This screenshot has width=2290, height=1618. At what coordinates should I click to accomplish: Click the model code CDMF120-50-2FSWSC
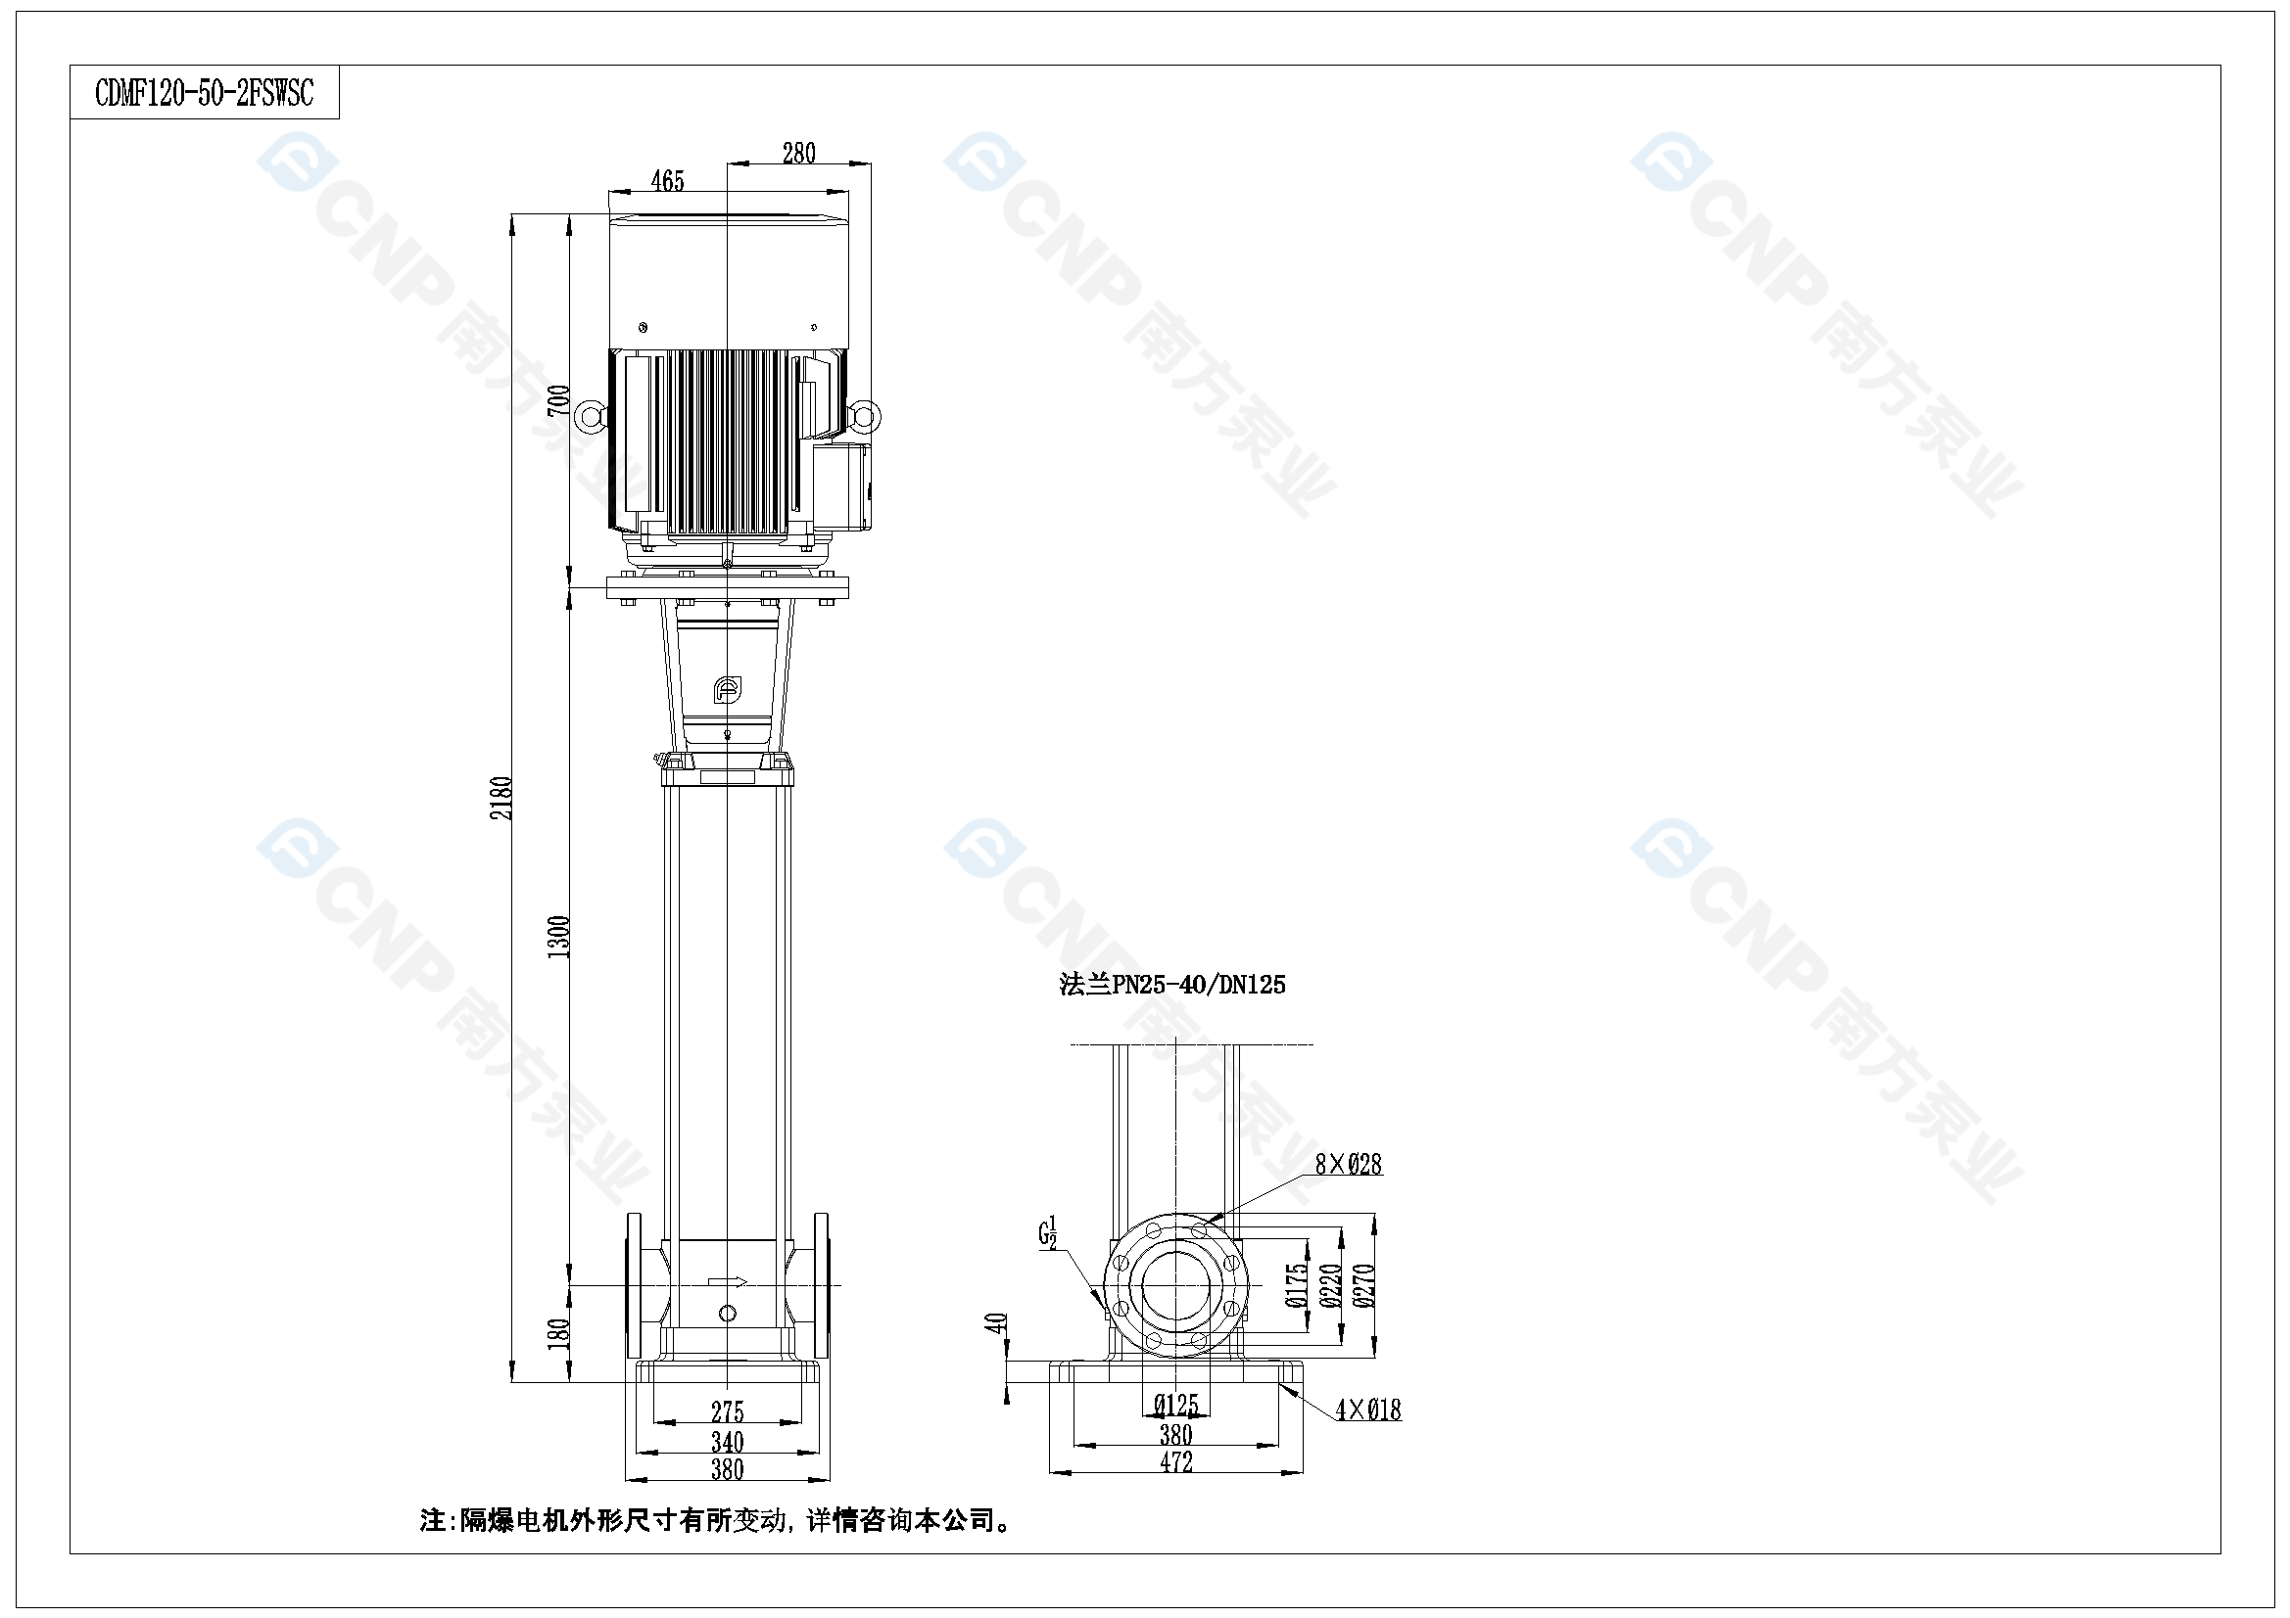pos(205,93)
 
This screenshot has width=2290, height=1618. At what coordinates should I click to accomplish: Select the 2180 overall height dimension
pos(501,799)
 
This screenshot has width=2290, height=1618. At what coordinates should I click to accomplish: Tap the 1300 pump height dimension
pos(559,937)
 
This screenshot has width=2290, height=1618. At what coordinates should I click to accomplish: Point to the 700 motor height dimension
pos(559,399)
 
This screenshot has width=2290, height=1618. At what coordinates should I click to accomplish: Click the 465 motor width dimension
pos(667,180)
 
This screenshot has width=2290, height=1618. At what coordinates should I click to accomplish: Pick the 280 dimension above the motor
pos(799,153)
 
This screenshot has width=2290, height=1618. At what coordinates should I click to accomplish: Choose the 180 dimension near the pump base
pos(559,1332)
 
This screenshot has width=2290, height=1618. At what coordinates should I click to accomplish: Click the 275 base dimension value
pos(728,1411)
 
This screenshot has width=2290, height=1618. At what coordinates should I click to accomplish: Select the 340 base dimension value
pos(728,1442)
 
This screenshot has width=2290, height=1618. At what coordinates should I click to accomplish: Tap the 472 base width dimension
pos(1177,1461)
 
